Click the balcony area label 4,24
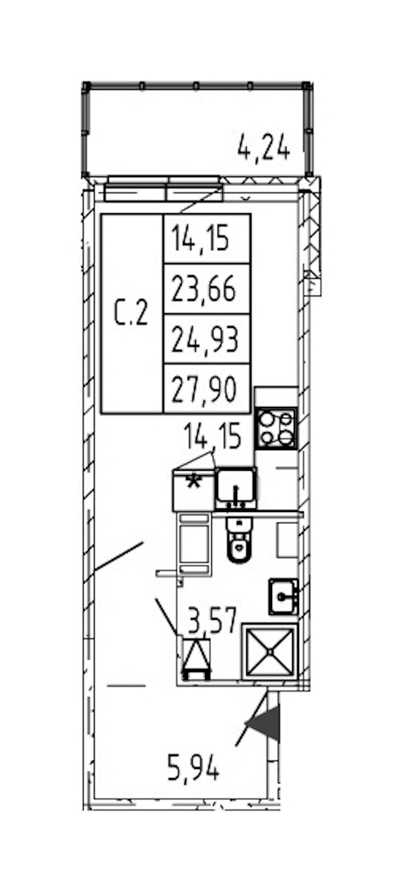coord(264,147)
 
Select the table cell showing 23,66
coord(207,288)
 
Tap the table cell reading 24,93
coord(207,339)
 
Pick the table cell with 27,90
coord(207,389)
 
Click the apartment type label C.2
coord(131,313)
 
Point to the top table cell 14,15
coord(207,239)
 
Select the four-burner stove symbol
coord(276,429)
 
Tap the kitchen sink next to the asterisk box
coord(235,488)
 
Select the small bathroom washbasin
coord(283,597)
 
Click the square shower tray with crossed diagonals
coord(270,652)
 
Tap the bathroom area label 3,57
coord(212,620)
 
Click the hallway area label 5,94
coord(194,767)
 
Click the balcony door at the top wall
coord(163,189)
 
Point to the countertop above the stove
coord(276,397)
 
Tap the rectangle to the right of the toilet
coord(287,540)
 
